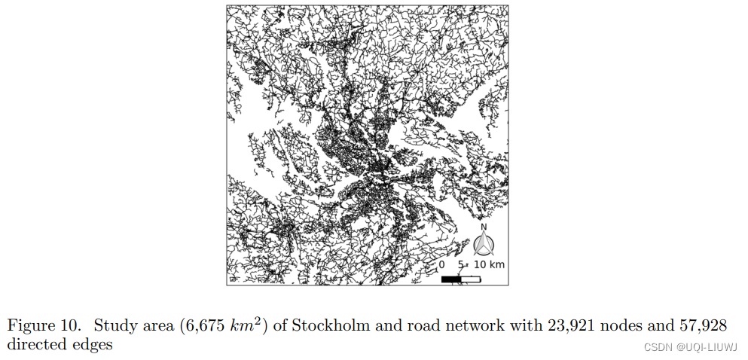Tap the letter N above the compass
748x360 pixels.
click(484, 227)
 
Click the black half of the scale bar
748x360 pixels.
click(451, 279)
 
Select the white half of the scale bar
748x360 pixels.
click(471, 279)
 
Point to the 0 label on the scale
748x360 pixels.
click(441, 265)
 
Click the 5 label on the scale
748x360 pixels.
click(460, 265)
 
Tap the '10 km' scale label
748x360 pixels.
click(489, 265)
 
